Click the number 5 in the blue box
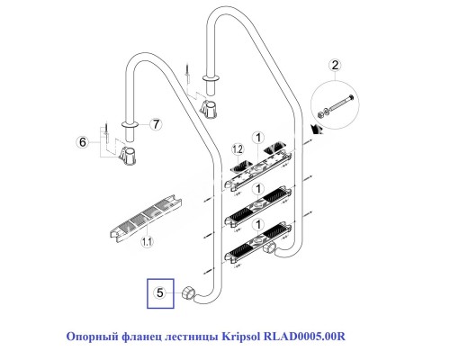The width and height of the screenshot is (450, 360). coord(160,292)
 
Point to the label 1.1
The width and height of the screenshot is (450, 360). coord(148,240)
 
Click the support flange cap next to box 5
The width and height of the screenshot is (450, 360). coord(187,292)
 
